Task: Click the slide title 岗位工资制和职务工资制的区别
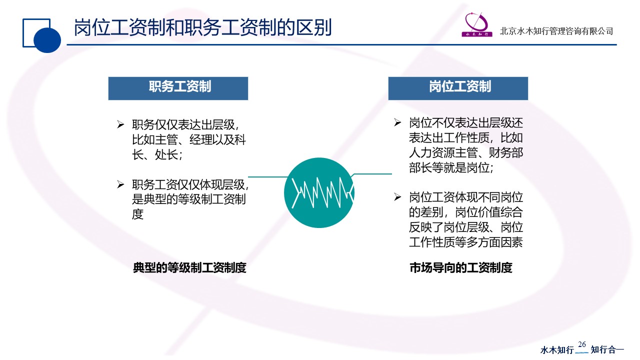pyautogui.click(x=202, y=27)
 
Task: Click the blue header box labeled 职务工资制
pyautogui.click(x=178, y=88)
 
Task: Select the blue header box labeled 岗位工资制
pyautogui.click(x=458, y=88)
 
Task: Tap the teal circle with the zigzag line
pyautogui.click(x=319, y=192)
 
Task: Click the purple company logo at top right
pyautogui.click(x=477, y=24)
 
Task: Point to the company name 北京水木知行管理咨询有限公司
pyautogui.click(x=556, y=31)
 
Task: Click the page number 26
pyautogui.click(x=581, y=344)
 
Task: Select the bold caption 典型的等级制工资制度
pyautogui.click(x=189, y=267)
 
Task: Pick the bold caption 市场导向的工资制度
pyautogui.click(x=461, y=267)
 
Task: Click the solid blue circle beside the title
pyautogui.click(x=47, y=39)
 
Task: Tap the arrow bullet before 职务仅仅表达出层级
pyautogui.click(x=120, y=124)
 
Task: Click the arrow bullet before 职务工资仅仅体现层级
pyautogui.click(x=120, y=184)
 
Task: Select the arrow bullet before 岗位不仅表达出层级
pyautogui.click(x=397, y=122)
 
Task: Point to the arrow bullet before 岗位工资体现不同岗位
pyautogui.click(x=397, y=197)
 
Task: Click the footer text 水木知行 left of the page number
pyautogui.click(x=557, y=349)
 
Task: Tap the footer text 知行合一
pyautogui.click(x=607, y=349)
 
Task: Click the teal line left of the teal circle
pyautogui.click(x=268, y=177)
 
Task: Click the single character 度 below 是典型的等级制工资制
pyautogui.click(x=137, y=214)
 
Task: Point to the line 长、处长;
pyautogui.click(x=157, y=155)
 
